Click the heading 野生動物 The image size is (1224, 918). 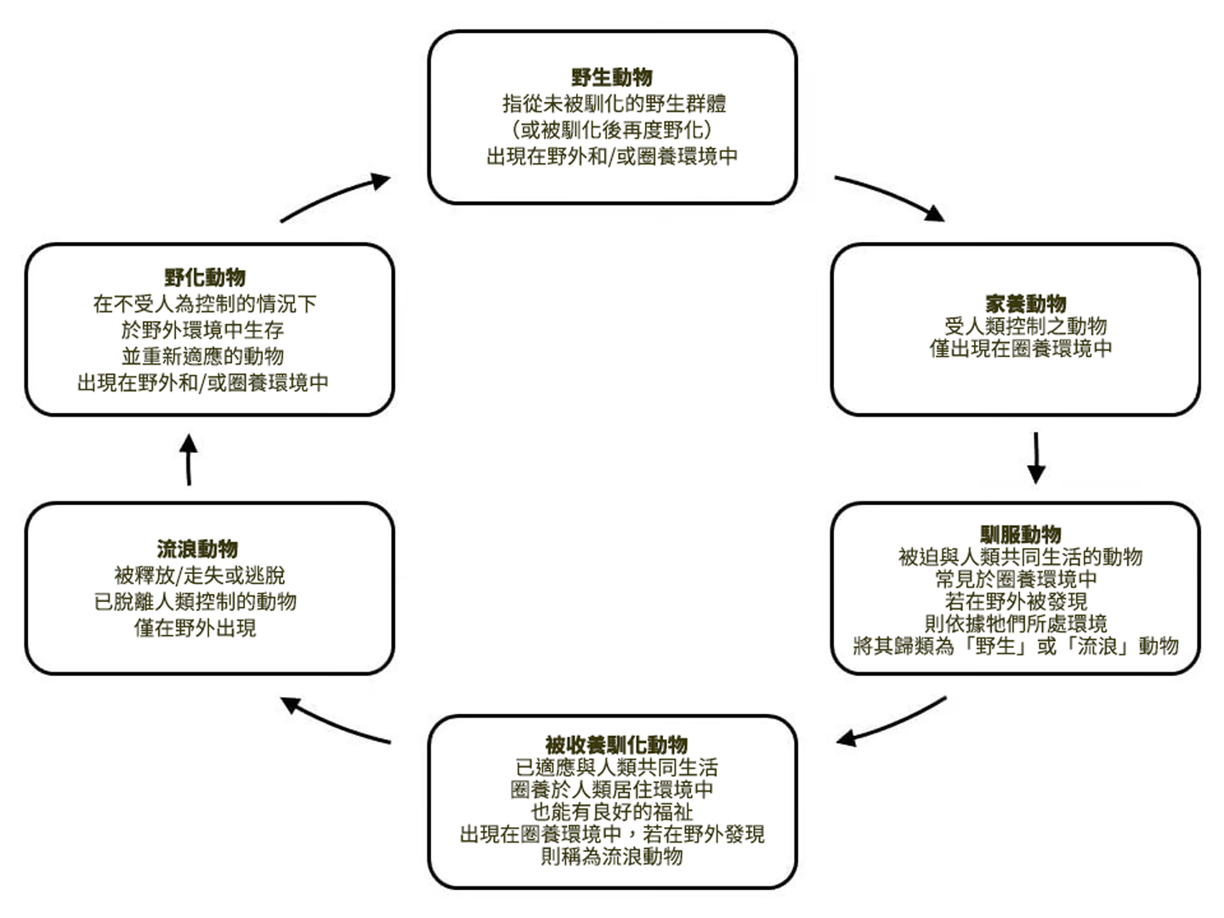pyautogui.click(x=612, y=77)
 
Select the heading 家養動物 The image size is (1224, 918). pyautogui.click(x=1025, y=303)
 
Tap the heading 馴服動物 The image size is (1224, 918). pyautogui.click(x=1020, y=535)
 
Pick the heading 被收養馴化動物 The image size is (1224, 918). pyautogui.click(x=616, y=745)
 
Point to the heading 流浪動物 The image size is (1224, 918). pyautogui.click(x=197, y=549)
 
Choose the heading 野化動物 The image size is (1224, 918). pyautogui.click(x=205, y=277)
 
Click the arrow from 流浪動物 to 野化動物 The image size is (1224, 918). pyautogui.click(x=189, y=460)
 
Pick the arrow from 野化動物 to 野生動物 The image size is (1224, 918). pyautogui.click(x=335, y=197)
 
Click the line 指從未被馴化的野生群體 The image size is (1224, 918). pyautogui.click(x=614, y=105)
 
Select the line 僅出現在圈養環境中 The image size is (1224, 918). pyautogui.click(x=1020, y=348)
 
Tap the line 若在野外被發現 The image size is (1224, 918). pyautogui.click(x=1016, y=602)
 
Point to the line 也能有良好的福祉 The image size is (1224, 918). pyautogui.click(x=612, y=812)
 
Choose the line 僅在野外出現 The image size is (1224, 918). pyautogui.click(x=195, y=628)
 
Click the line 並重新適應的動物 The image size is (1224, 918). pyautogui.click(x=202, y=356)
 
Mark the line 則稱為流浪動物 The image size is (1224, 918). pyautogui.click(x=612, y=856)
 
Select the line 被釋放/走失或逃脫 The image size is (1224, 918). pyautogui.click(x=200, y=575)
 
